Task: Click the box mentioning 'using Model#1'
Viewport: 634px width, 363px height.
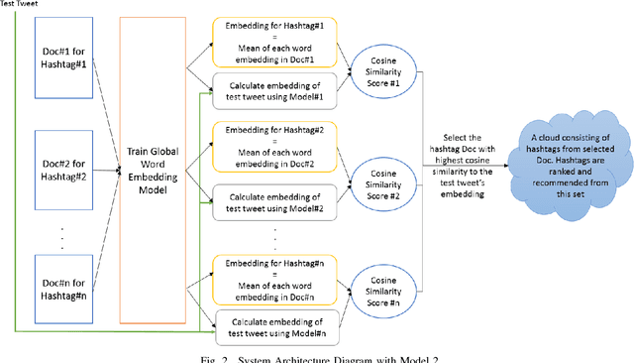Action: click(x=278, y=91)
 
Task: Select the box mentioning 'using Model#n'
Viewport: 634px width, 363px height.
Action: click(x=278, y=324)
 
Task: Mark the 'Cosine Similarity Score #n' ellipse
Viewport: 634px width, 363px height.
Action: click(x=380, y=289)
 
